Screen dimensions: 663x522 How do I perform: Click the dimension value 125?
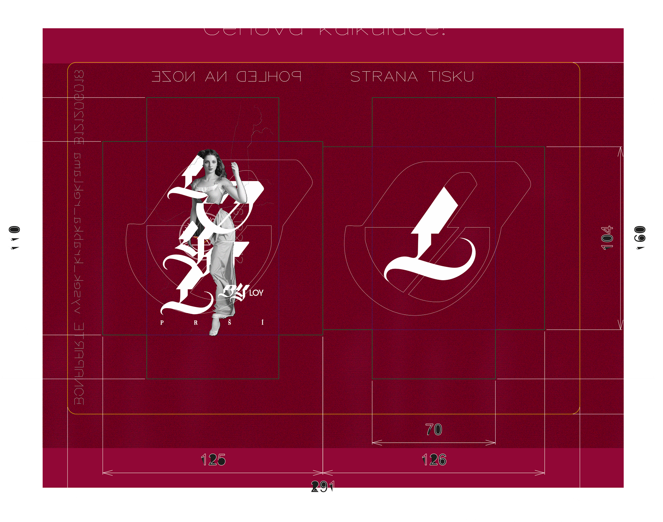[213, 460]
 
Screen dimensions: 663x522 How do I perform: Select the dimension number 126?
[434, 460]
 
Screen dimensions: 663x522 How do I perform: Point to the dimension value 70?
[434, 430]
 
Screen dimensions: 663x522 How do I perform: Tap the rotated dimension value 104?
[607, 238]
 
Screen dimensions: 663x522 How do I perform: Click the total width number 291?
[323, 486]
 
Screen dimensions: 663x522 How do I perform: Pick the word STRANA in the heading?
[384, 77]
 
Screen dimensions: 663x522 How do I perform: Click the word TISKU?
[451, 77]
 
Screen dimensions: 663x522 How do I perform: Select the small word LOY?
[256, 293]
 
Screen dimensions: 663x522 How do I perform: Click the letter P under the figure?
[162, 323]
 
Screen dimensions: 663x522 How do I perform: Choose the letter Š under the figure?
[229, 323]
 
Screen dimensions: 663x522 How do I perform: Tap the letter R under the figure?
[196, 323]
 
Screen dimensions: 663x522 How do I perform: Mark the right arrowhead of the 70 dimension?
[492, 443]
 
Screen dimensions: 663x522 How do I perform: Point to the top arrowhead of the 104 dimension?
[621, 150]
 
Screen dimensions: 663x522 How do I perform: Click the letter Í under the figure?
[262, 322]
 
